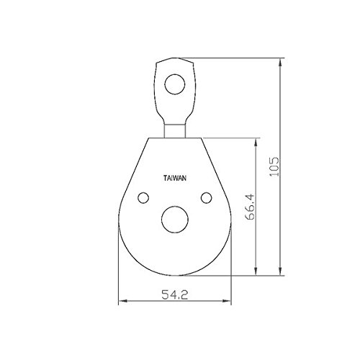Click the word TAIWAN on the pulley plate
pos(175,179)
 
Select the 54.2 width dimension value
pos(174,294)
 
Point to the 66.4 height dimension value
pos(250,207)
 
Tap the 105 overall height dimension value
pos(274,167)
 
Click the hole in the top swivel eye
pos(175,84)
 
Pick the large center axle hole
pos(175,220)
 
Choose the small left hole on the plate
pos(143,198)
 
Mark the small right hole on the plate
pos(207,198)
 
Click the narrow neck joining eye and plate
pos(175,131)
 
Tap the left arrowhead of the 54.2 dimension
pos(123,301)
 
